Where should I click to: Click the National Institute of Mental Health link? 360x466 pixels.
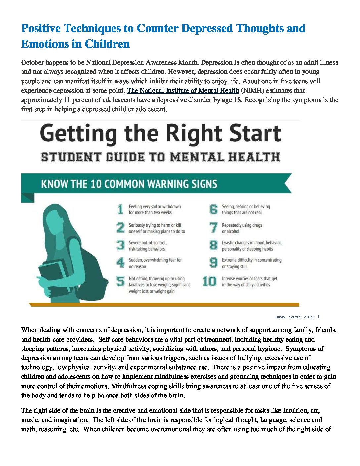[x=183, y=90]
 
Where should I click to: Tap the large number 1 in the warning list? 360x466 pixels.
[x=121, y=209]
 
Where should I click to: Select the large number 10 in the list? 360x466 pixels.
[x=209, y=281]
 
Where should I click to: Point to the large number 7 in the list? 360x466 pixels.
[x=214, y=228]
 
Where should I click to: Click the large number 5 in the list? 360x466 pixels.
[x=120, y=281]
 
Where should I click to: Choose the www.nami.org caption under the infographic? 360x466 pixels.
[x=297, y=317]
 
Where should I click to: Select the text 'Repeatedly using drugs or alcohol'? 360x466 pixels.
[x=242, y=228]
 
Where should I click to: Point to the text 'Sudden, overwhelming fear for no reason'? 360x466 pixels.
[x=155, y=263]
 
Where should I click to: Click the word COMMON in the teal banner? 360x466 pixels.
[x=124, y=184]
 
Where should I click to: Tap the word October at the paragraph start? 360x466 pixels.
[x=32, y=62]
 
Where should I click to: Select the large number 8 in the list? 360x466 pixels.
[x=214, y=245]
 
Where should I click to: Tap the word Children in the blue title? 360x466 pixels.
[x=107, y=44]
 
